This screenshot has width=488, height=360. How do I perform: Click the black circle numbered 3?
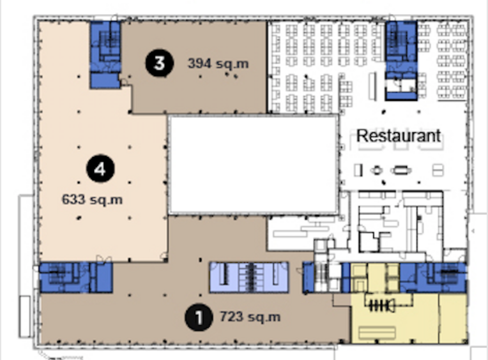click(159, 63)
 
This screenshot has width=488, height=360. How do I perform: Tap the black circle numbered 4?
click(100, 169)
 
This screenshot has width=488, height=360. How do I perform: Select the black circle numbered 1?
click(199, 317)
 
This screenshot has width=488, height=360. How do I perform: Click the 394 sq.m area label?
click(218, 64)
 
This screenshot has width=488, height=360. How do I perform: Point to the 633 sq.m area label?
click(92, 199)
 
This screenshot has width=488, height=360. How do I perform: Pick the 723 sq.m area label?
click(250, 317)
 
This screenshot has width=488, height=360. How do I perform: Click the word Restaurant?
click(399, 136)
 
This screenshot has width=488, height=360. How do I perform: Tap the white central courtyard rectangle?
click(254, 165)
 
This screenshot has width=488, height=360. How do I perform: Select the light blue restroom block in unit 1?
click(248, 277)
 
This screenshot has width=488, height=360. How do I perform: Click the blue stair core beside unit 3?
click(105, 55)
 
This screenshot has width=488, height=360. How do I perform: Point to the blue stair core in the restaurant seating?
click(401, 60)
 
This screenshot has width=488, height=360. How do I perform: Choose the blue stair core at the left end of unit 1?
click(76, 277)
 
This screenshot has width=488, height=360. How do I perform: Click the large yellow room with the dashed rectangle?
click(395, 318)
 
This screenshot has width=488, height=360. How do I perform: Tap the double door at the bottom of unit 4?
click(104, 259)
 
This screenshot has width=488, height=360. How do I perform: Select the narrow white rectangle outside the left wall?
click(24, 316)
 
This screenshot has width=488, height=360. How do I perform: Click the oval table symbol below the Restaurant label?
click(401, 170)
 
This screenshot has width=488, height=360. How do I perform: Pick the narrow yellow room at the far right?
click(453, 318)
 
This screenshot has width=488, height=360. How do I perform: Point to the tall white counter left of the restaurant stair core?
click(372, 86)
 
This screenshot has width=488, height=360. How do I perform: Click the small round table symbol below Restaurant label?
click(377, 170)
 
